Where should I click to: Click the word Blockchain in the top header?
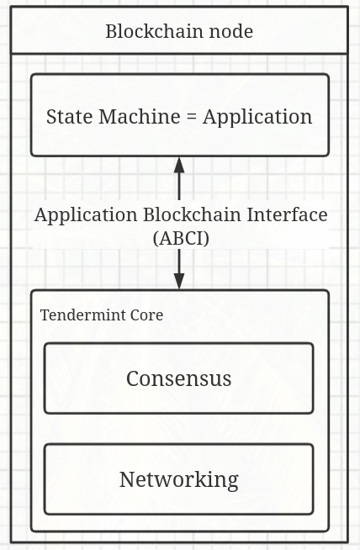pyautogui.click(x=155, y=31)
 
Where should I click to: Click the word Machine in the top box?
pyautogui.click(x=140, y=116)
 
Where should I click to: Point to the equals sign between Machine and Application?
pyautogui.click(x=192, y=117)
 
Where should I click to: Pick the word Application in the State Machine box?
pyautogui.click(x=257, y=117)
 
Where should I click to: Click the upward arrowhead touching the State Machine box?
pyautogui.click(x=179, y=165)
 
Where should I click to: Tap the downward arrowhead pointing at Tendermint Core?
pyautogui.click(x=179, y=282)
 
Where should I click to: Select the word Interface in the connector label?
pyautogui.click(x=287, y=214)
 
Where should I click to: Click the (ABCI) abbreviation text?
pyautogui.click(x=181, y=239)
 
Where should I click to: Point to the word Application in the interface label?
pyautogui.click(x=86, y=215)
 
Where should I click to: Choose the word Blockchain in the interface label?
pyautogui.click(x=192, y=214)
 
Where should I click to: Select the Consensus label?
pyautogui.click(x=179, y=378)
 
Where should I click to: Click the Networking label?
pyautogui.click(x=179, y=480)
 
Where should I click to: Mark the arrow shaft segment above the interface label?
pyautogui.click(x=179, y=186)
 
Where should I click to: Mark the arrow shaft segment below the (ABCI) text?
pyautogui.click(x=179, y=262)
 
